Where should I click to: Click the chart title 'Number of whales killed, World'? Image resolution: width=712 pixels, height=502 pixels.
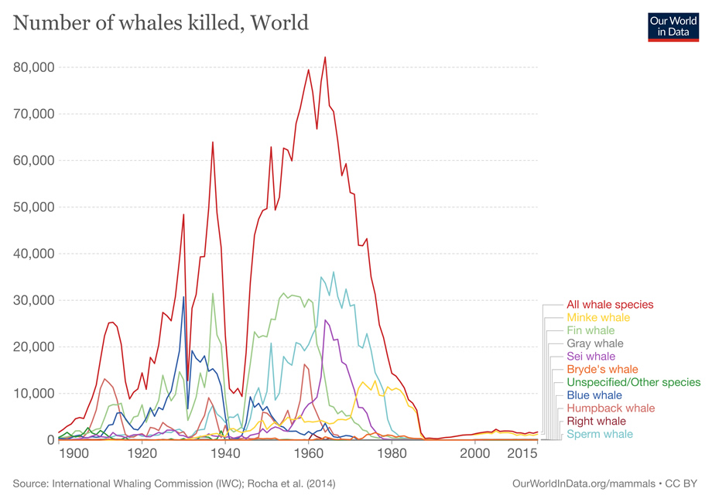(x=161, y=23)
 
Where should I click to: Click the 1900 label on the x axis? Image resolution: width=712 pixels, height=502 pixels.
(x=74, y=454)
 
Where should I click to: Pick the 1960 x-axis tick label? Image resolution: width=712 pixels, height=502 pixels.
(x=310, y=454)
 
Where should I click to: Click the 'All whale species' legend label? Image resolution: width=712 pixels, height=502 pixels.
(x=610, y=305)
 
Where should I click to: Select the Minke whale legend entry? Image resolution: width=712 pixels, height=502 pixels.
(x=598, y=318)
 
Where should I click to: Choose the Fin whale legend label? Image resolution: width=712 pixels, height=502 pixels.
(x=591, y=330)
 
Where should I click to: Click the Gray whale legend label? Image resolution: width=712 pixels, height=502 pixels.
(x=594, y=343)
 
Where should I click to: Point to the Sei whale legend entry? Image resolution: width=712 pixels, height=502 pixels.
(x=591, y=357)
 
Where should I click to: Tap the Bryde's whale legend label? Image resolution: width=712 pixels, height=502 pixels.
(x=602, y=370)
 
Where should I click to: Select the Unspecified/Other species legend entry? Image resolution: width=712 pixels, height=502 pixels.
(x=633, y=382)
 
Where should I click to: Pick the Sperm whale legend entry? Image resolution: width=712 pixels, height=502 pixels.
(x=599, y=434)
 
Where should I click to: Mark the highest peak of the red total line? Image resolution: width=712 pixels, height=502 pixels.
(x=325, y=56)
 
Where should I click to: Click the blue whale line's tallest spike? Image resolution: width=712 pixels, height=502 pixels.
(x=183, y=297)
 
